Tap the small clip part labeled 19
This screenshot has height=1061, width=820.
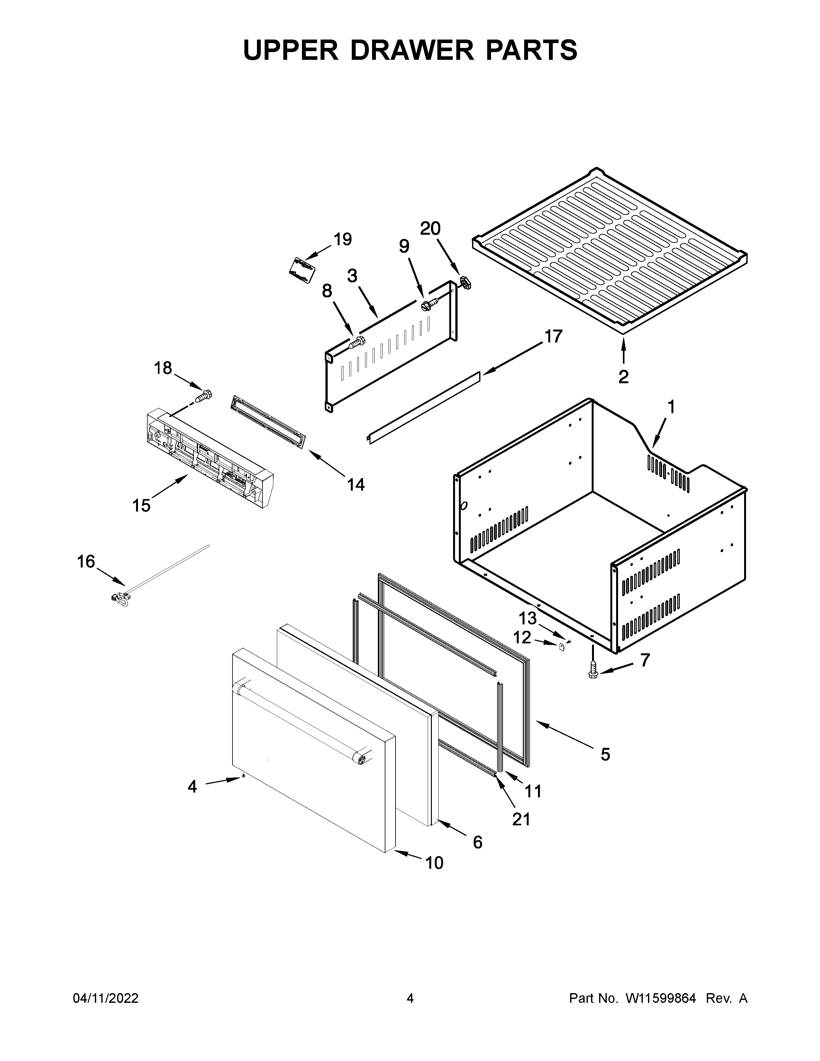[301, 270]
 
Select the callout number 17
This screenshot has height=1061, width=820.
[553, 336]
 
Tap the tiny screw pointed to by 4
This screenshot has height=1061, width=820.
[242, 777]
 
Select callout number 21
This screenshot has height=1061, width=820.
[521, 819]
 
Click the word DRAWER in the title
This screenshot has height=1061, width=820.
[411, 50]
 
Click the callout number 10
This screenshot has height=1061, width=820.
[434, 863]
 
